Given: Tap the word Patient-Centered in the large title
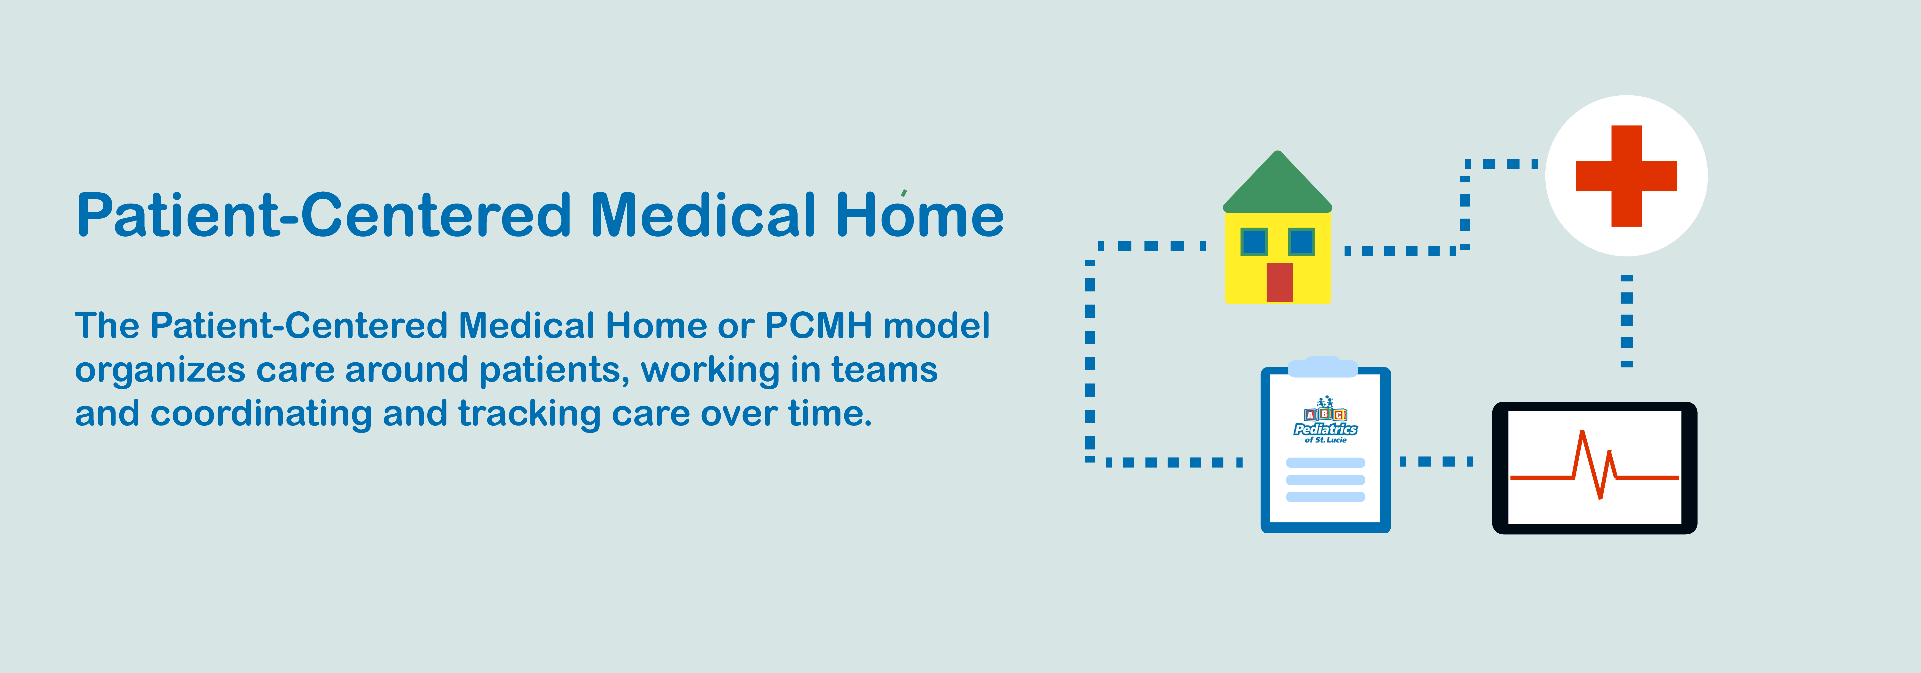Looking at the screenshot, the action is point(324,215).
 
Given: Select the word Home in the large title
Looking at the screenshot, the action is point(919,215).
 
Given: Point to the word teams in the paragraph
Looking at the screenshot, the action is point(884,370).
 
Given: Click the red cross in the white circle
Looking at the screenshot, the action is point(1626,176).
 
